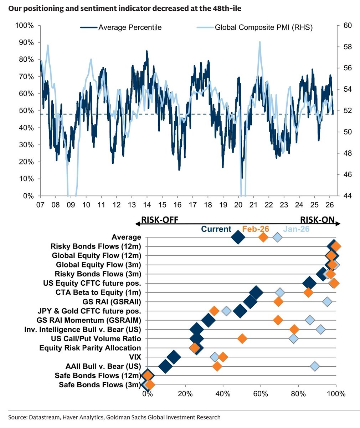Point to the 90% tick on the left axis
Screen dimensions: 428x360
(x=26, y=42)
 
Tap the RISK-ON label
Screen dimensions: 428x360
(x=316, y=220)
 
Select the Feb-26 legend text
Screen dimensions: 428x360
(x=255, y=229)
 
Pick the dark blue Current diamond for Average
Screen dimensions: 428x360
(x=238, y=238)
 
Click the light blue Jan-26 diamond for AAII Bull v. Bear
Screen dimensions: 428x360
(x=315, y=366)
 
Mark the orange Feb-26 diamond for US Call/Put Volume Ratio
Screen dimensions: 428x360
(x=242, y=338)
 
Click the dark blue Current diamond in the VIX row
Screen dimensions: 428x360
(x=174, y=357)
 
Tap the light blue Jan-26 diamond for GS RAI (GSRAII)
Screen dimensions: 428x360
(x=327, y=302)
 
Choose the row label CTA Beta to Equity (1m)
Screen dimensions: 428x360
(x=98, y=292)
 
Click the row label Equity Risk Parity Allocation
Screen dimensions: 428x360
(x=90, y=348)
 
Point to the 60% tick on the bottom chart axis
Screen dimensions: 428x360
(x=261, y=394)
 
